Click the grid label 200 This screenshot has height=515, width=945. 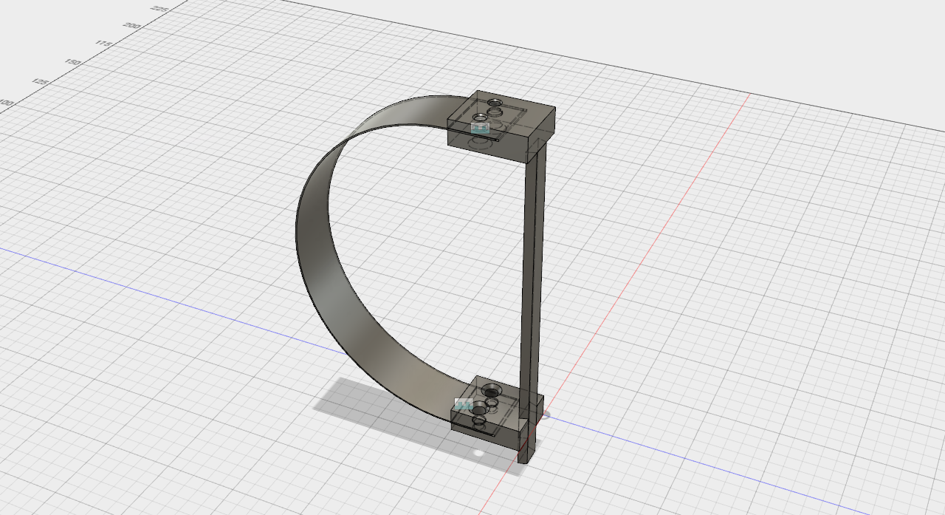[x=132, y=26]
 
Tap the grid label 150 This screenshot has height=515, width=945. [x=73, y=63]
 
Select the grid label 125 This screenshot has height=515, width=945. [x=41, y=82]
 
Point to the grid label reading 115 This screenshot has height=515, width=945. [x=103, y=44]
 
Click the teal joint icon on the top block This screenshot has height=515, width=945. [x=480, y=127]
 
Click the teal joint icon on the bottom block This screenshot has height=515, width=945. [x=464, y=404]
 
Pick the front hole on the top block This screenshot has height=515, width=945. [x=478, y=117]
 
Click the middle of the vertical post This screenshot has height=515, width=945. [x=533, y=281]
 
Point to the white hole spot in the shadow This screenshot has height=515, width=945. [x=478, y=452]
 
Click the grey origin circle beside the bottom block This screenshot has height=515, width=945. [x=547, y=415]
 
